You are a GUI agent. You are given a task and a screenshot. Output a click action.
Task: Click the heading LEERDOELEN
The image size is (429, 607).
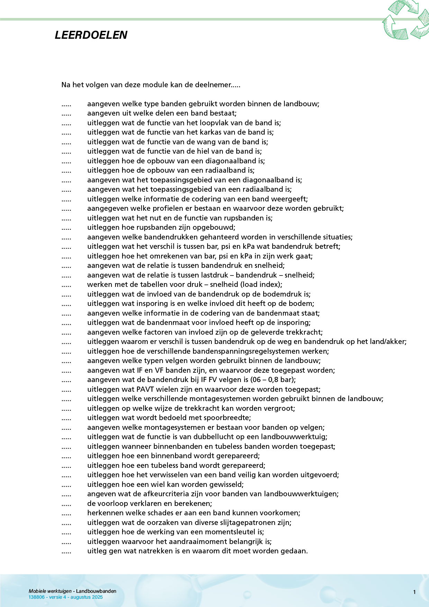91,35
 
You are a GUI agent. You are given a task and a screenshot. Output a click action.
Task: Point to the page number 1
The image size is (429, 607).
414,592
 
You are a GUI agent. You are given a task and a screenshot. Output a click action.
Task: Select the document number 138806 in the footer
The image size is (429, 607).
36,597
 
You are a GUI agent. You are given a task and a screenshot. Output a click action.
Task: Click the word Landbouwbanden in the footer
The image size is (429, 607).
96,591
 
